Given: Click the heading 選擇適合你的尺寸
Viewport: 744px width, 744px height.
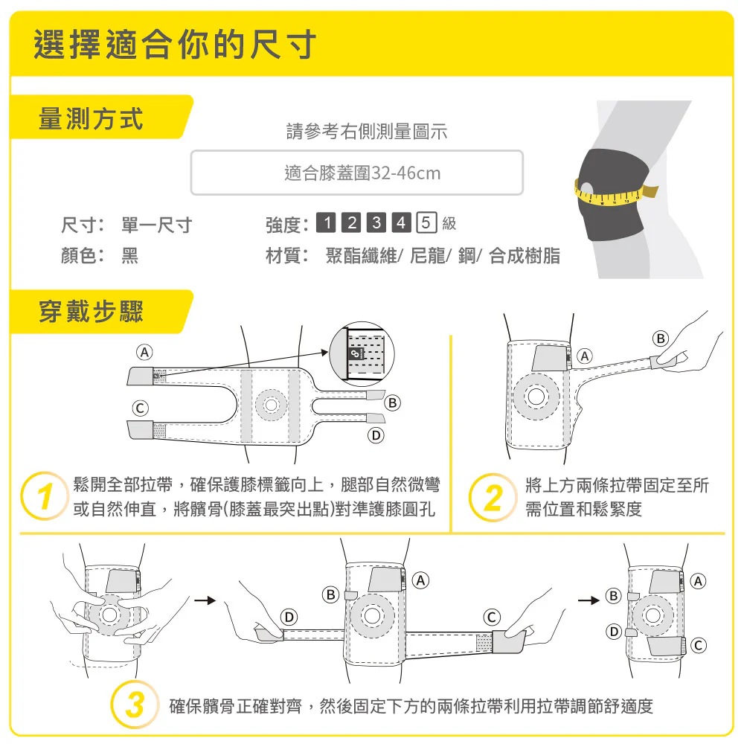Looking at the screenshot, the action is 175,44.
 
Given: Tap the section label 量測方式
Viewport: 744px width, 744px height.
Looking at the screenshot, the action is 91,118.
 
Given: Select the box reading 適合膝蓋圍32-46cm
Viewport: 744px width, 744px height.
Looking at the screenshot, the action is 357,173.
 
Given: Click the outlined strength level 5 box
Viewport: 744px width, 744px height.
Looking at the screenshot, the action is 426,222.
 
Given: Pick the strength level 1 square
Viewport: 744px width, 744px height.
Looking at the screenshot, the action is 327,222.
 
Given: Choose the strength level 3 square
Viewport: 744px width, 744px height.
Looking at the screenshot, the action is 376,222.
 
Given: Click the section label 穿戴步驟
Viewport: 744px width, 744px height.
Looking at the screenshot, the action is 91,312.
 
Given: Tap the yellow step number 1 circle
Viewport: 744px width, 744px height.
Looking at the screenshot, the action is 44,496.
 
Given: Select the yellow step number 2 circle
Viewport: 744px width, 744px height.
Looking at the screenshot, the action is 493,497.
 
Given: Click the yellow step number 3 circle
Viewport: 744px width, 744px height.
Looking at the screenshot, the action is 134,705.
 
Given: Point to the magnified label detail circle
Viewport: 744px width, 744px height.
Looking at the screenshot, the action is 362,353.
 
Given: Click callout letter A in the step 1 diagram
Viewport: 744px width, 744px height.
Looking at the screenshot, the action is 144,352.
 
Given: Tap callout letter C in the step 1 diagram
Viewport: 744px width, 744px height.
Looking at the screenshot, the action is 140,408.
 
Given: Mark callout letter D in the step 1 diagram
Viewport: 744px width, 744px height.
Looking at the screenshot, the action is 376,435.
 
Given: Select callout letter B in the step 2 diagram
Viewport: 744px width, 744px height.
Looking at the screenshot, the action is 661,339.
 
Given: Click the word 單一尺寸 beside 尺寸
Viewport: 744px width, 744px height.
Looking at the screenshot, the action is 156,225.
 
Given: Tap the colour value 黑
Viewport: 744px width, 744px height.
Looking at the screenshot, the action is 130,255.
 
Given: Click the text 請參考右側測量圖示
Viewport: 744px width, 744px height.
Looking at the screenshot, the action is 366,132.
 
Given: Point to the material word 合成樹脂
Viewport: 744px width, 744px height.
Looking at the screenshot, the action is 525,255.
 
